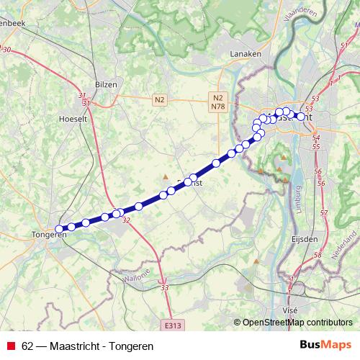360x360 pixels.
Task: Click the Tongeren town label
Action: click(x=49, y=235)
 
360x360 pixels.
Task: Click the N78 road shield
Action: click(x=218, y=107)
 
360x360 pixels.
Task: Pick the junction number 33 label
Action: click(x=165, y=288)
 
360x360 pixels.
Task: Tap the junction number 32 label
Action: click(x=127, y=220)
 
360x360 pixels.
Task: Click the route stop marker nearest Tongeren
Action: click(x=60, y=229)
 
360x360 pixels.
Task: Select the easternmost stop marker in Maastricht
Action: click(x=301, y=116)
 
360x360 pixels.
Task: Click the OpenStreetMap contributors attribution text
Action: click(x=297, y=322)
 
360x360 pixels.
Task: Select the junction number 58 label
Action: click(x=318, y=255)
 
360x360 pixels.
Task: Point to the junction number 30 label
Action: click(x=8, y=49)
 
